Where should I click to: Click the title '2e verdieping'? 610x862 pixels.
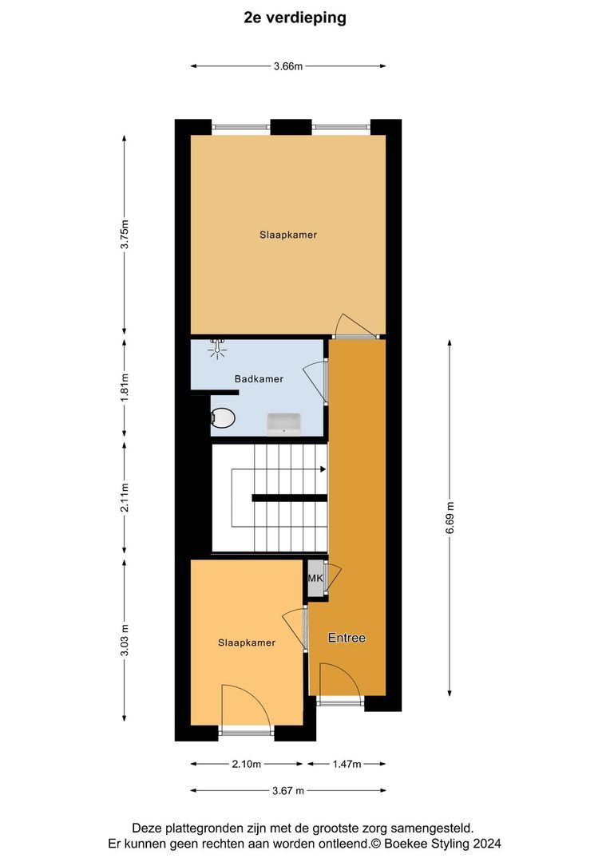click(295, 18)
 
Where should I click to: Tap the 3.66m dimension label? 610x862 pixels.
click(287, 66)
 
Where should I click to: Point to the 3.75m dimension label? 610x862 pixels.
click(124, 235)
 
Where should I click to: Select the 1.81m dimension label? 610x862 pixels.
click(124, 389)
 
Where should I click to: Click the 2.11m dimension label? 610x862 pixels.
click(124, 498)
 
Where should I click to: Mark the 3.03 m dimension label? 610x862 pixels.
click(124, 640)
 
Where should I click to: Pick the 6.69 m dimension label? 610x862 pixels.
click(450, 517)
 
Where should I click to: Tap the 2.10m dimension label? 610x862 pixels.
click(246, 764)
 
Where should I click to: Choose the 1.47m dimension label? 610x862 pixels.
click(347, 764)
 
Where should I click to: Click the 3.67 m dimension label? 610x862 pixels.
click(287, 790)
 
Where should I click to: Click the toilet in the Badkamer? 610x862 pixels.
click(223, 417)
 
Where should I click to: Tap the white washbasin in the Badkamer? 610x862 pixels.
click(283, 423)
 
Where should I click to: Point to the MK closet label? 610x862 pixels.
click(315, 579)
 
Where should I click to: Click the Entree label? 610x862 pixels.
click(347, 638)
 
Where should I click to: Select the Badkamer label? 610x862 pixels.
click(258, 379)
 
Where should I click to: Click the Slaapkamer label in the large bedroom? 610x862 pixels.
click(287, 235)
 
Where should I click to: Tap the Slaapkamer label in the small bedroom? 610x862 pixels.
click(247, 643)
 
